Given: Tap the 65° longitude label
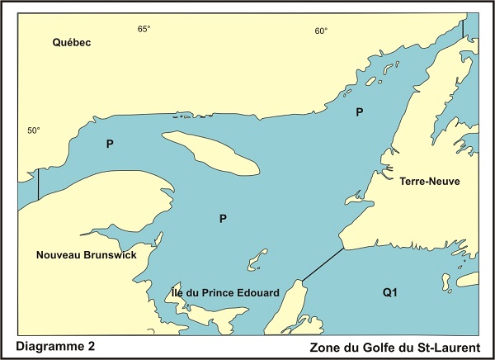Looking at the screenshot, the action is click(144, 29).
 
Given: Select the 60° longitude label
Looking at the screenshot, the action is click(321, 31).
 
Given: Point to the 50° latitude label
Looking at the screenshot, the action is click(33, 130).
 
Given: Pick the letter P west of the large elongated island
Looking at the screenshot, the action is click(110, 144).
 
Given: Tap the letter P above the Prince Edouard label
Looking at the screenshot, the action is click(223, 219).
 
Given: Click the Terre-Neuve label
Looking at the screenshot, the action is click(429, 181).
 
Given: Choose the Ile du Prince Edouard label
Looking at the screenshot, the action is click(224, 292).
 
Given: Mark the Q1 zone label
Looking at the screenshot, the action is click(390, 292).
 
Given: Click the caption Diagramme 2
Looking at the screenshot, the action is click(54, 346).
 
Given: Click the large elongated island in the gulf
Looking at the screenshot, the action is click(210, 154).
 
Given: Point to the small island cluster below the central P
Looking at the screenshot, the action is click(258, 259).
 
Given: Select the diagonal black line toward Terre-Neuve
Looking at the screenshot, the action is click(322, 263).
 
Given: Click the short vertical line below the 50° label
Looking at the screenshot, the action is click(38, 184).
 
